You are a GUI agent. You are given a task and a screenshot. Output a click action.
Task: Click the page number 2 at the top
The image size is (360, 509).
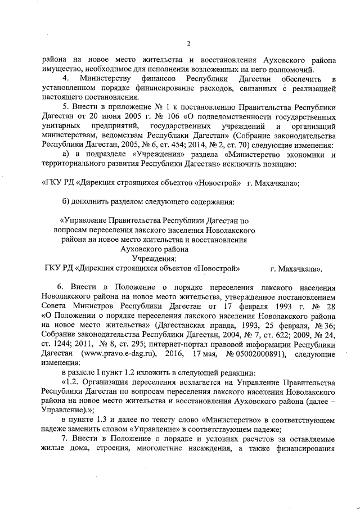tap(189, 44)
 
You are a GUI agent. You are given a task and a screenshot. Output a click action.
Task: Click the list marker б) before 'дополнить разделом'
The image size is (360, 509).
tap(66, 201)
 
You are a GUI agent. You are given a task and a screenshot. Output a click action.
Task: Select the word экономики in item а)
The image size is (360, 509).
tap(303, 155)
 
